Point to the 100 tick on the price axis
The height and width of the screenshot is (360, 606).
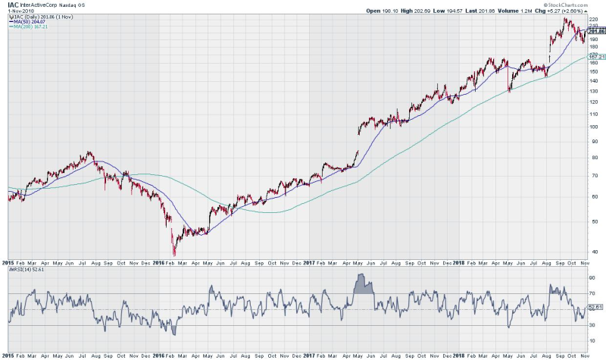[x=594, y=127]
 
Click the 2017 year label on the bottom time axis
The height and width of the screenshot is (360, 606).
[x=310, y=355]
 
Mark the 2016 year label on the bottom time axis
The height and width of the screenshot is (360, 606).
[x=158, y=355]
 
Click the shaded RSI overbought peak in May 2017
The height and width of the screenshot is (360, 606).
[x=364, y=283]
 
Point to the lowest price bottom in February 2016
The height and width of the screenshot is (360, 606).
[x=174, y=254]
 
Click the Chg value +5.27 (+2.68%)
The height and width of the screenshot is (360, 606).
[x=583, y=11]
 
